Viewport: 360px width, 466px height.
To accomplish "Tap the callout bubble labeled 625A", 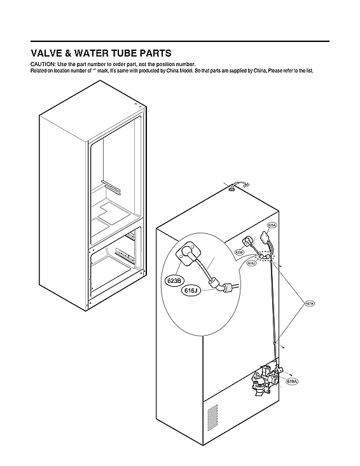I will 272,225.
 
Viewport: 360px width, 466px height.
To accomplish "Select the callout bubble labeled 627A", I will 309,303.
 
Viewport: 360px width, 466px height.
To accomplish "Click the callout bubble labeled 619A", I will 292,381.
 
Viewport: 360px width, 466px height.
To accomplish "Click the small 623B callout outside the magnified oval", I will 240,252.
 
